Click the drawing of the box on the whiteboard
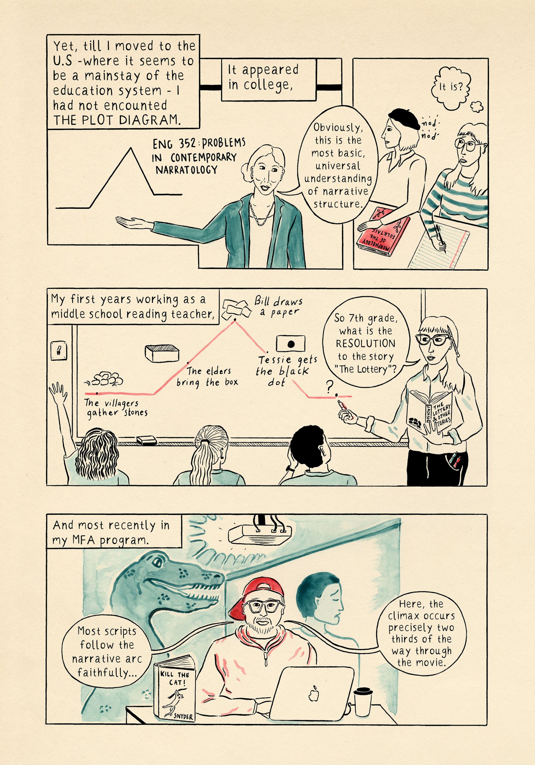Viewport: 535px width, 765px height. (x=162, y=353)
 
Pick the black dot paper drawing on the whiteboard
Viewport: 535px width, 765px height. (x=290, y=344)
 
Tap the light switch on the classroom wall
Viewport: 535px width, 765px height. (x=59, y=351)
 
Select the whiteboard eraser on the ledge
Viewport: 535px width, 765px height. (x=147, y=440)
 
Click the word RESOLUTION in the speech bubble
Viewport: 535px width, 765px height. (x=365, y=344)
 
